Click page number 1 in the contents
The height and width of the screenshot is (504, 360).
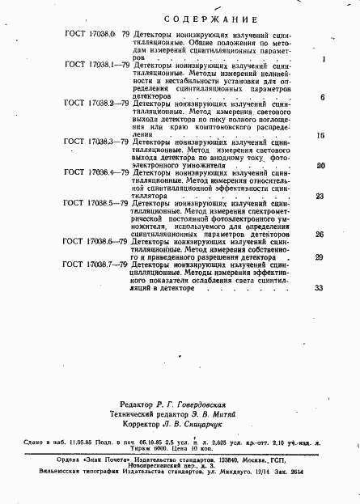tap(323, 59)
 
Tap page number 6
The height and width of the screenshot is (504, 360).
tap(322, 97)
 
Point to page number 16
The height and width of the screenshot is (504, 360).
tap(320, 135)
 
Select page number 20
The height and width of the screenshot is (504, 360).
tap(320, 166)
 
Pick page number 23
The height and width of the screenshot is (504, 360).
tap(320, 197)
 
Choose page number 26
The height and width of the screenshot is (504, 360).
tap(320, 235)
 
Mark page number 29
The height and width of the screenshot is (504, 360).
tap(320, 257)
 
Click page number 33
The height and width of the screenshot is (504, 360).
tap(319, 288)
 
